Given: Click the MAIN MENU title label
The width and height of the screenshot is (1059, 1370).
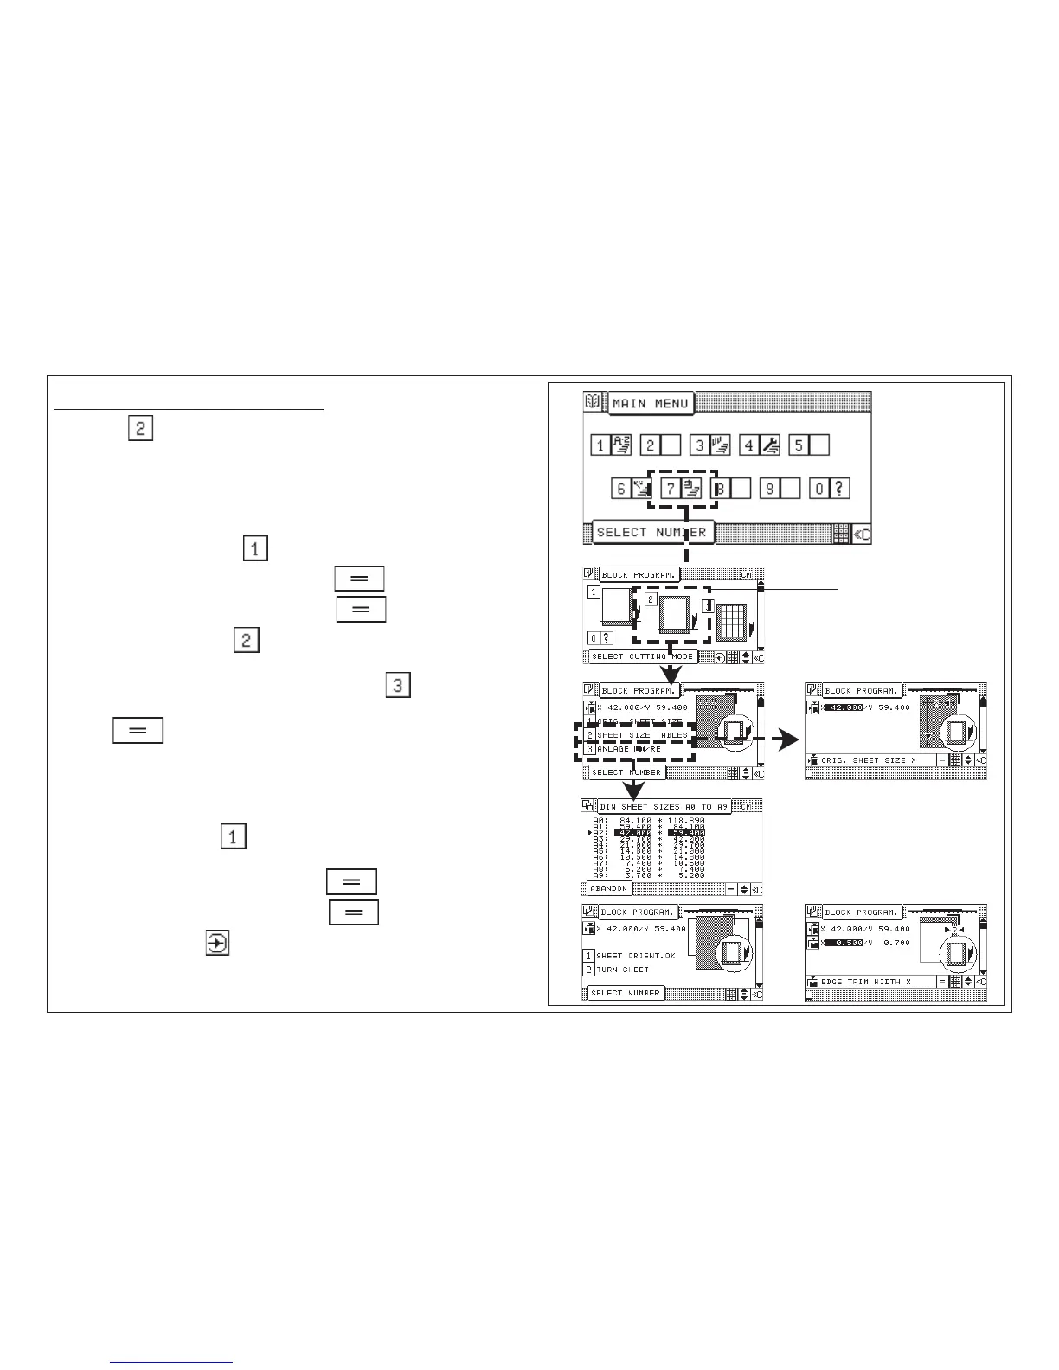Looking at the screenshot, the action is point(651,404).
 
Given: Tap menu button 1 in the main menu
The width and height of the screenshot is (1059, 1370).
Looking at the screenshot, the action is point(600,445).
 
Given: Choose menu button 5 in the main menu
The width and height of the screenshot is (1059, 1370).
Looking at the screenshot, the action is point(799,445).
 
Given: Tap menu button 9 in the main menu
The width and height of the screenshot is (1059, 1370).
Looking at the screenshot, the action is point(770,489).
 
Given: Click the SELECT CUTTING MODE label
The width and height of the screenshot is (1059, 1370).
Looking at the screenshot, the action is point(642,656).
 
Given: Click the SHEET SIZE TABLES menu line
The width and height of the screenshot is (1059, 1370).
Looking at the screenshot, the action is point(642,735).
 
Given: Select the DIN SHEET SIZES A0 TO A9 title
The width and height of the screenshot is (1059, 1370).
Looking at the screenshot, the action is point(665,807).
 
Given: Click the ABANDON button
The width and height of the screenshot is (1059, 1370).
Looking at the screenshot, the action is point(609,888).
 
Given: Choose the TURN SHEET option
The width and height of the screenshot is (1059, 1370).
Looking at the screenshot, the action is point(622,970).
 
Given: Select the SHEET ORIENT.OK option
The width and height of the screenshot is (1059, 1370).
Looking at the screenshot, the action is point(635,956).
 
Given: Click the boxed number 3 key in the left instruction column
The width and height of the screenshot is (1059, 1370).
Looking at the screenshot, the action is point(397,686).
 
